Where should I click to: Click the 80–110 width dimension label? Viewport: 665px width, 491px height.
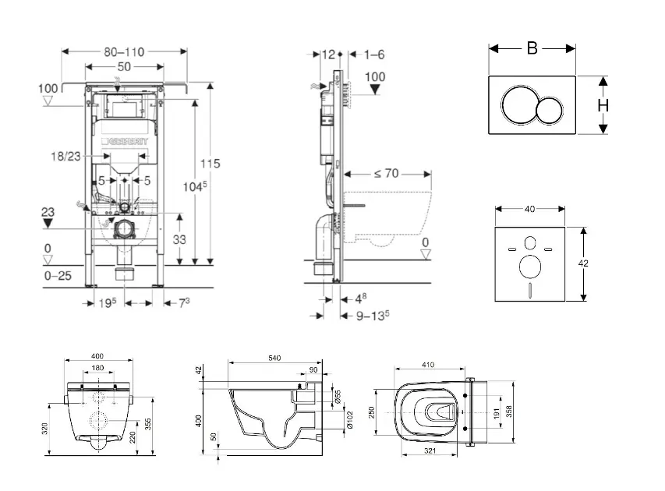(124, 52)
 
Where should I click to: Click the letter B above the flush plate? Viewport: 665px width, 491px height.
(532, 48)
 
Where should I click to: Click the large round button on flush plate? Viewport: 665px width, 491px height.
(518, 105)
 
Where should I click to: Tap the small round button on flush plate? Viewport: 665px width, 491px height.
(554, 108)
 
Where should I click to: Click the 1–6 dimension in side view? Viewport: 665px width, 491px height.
(375, 55)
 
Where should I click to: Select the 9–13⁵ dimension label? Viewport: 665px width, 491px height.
(373, 316)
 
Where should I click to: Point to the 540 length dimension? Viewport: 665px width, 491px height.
(274, 358)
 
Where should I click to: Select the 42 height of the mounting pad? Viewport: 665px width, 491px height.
(584, 263)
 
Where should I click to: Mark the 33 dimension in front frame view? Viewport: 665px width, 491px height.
(179, 240)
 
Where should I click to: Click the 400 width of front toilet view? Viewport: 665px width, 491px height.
(97, 358)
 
